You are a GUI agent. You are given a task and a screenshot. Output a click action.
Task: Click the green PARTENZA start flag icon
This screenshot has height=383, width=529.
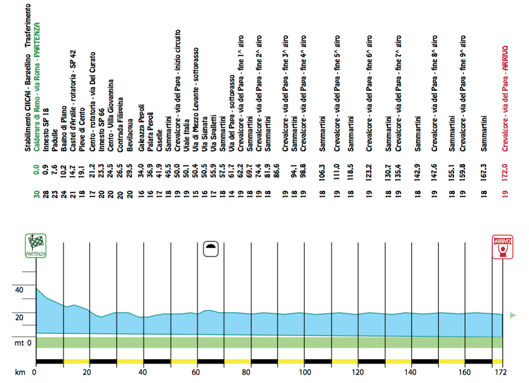(36, 246)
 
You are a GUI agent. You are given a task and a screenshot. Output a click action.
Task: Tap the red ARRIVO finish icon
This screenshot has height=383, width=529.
(503, 247)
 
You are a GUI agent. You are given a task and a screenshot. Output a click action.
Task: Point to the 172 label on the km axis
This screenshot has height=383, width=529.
(501, 372)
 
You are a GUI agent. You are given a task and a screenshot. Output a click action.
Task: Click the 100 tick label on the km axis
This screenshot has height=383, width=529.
(305, 372)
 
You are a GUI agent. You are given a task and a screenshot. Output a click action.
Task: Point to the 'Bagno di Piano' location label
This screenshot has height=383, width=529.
(64, 128)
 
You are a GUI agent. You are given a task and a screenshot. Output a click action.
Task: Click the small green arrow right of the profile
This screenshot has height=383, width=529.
(513, 315)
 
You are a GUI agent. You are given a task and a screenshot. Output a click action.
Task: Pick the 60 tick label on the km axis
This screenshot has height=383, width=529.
(197, 372)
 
